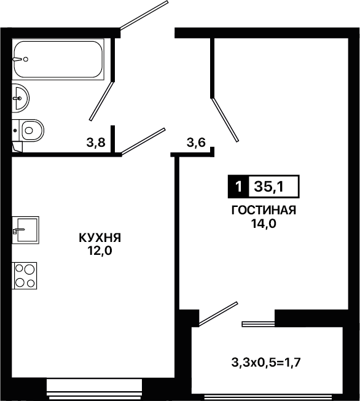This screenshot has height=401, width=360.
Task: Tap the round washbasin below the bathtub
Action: (20, 98)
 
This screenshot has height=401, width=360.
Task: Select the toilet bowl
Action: (28, 130)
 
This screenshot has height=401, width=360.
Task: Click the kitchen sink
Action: (26, 230)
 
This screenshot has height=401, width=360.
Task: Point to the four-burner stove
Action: (25, 276)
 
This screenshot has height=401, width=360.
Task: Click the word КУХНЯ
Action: (100, 238)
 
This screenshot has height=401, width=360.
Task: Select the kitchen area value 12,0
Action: (100, 251)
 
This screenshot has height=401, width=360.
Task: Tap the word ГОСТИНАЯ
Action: (264, 211)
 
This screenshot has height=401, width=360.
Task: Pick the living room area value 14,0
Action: (264, 224)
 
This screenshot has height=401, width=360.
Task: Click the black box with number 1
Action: (238, 187)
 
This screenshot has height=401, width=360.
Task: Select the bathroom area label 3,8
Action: (96, 142)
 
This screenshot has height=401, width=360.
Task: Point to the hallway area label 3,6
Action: (196, 142)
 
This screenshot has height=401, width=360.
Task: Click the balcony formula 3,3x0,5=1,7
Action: (266, 362)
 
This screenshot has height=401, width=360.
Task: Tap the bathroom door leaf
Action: (101, 101)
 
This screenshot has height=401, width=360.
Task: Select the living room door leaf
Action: (225, 119)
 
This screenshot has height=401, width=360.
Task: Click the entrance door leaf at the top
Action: (144, 15)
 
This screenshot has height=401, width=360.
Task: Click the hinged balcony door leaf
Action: (218, 314)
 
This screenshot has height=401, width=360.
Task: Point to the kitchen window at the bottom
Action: (94, 390)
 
